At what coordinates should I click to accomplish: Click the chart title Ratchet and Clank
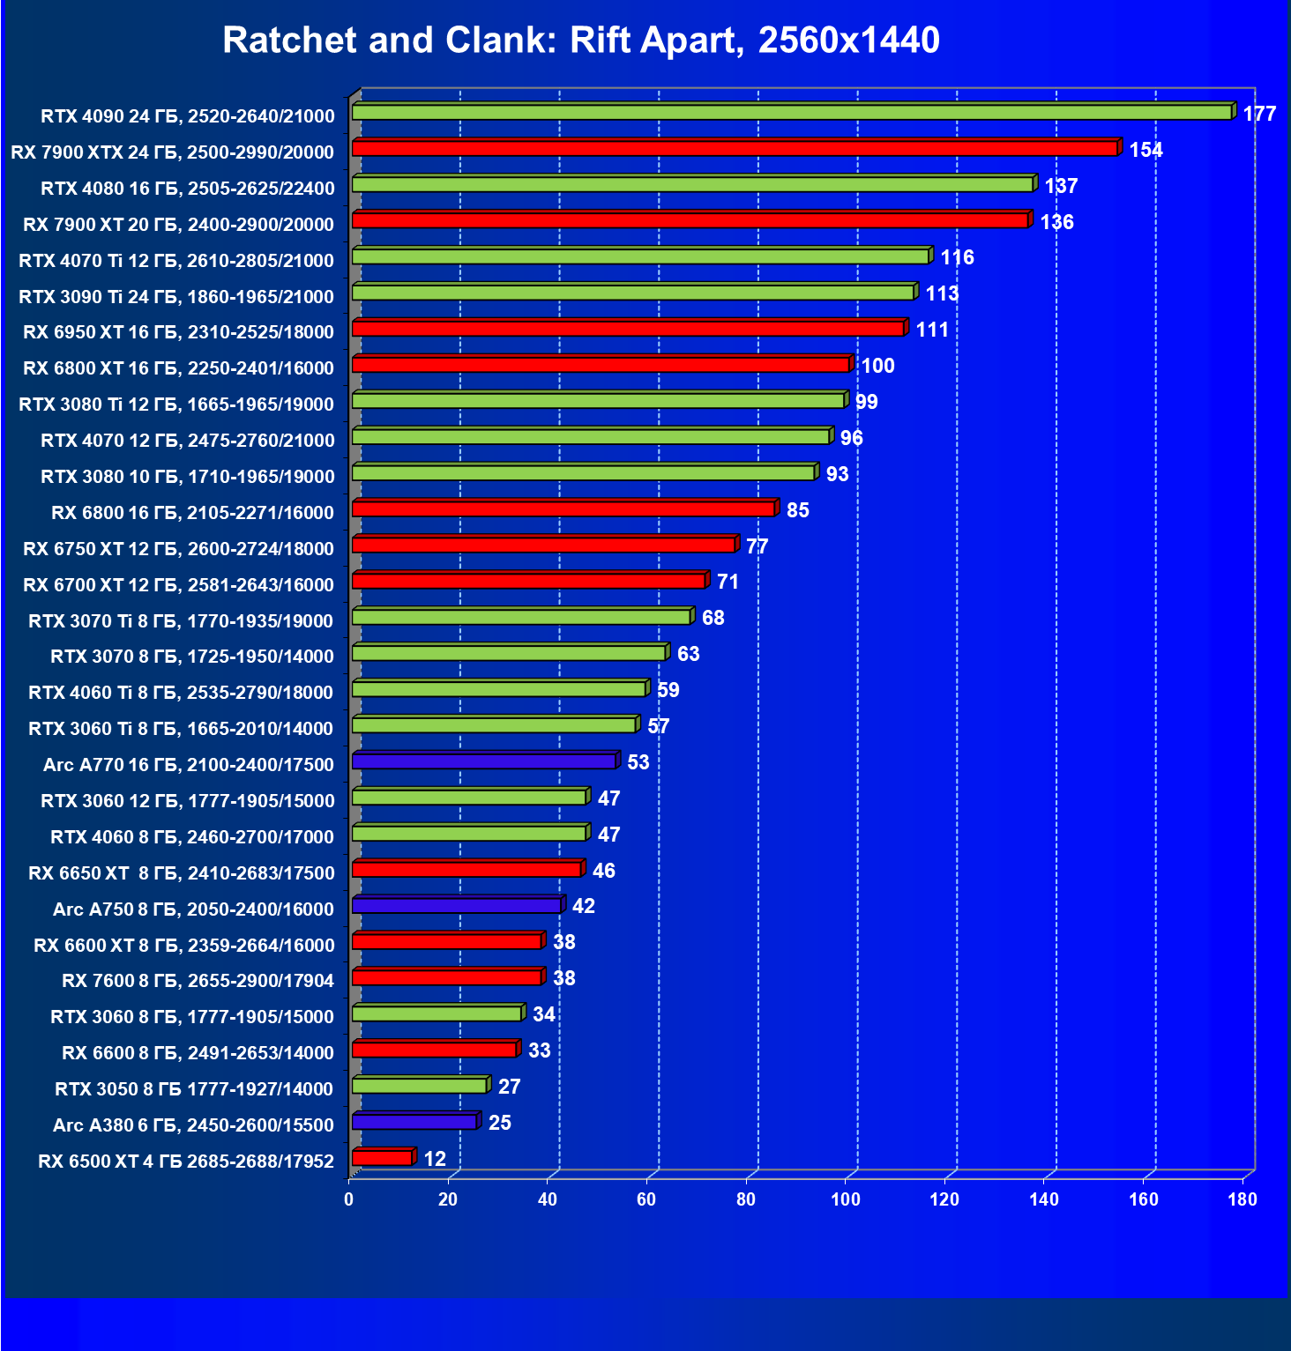(581, 41)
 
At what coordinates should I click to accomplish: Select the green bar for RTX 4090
(791, 113)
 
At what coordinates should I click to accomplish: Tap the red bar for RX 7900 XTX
(735, 149)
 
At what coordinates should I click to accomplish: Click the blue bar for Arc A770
(483, 761)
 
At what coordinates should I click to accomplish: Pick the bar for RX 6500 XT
(382, 1158)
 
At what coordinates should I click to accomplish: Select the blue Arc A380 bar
(414, 1122)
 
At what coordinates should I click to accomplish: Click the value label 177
(1259, 114)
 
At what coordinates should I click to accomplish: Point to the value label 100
(877, 366)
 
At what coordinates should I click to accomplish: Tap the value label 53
(638, 762)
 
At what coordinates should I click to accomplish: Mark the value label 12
(435, 1159)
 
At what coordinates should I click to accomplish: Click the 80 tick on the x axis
(746, 1199)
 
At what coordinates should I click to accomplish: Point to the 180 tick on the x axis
(1242, 1199)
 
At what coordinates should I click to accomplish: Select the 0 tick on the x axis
(349, 1199)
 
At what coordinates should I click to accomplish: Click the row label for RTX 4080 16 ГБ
(188, 188)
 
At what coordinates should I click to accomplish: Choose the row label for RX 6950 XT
(179, 332)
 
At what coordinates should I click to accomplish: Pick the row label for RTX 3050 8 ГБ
(194, 1089)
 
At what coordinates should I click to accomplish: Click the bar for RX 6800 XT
(601, 365)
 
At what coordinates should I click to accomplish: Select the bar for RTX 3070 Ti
(521, 617)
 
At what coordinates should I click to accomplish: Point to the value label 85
(797, 510)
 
